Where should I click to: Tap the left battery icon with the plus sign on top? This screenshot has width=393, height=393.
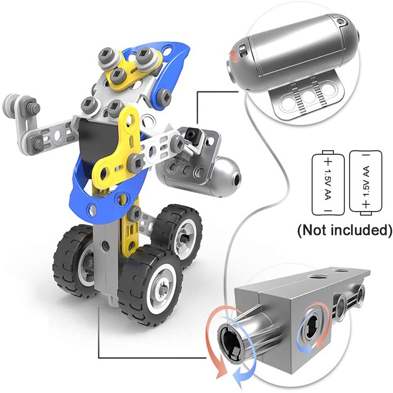pyautogui.click(x=328, y=183)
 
